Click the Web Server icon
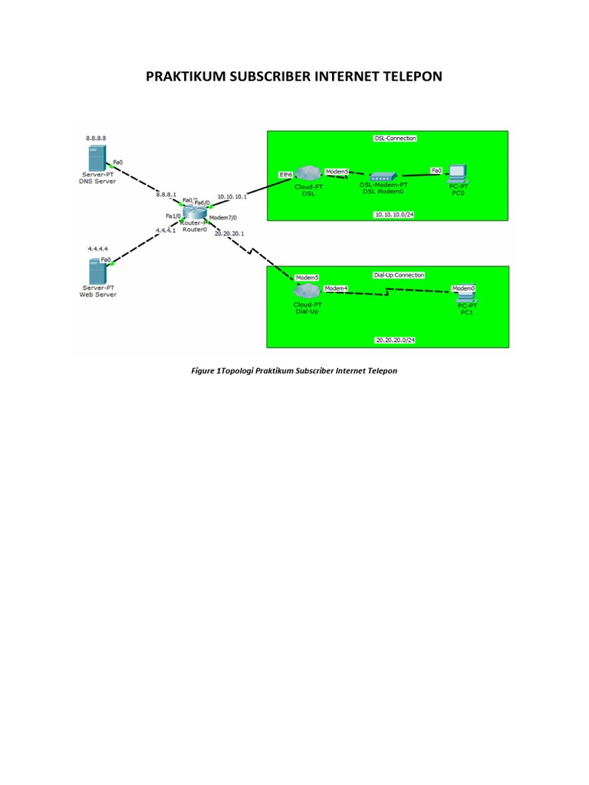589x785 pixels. (97, 271)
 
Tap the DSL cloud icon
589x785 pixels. (309, 176)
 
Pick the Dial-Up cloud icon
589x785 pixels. (307, 291)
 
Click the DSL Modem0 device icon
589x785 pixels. (384, 176)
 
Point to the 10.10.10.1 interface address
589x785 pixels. (232, 196)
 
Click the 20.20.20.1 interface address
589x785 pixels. (229, 233)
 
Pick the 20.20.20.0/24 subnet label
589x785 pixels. (395, 339)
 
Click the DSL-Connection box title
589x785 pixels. (394, 139)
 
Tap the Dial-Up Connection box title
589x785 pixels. (398, 274)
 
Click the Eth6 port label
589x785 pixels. (285, 175)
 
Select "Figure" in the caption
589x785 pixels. (202, 371)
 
